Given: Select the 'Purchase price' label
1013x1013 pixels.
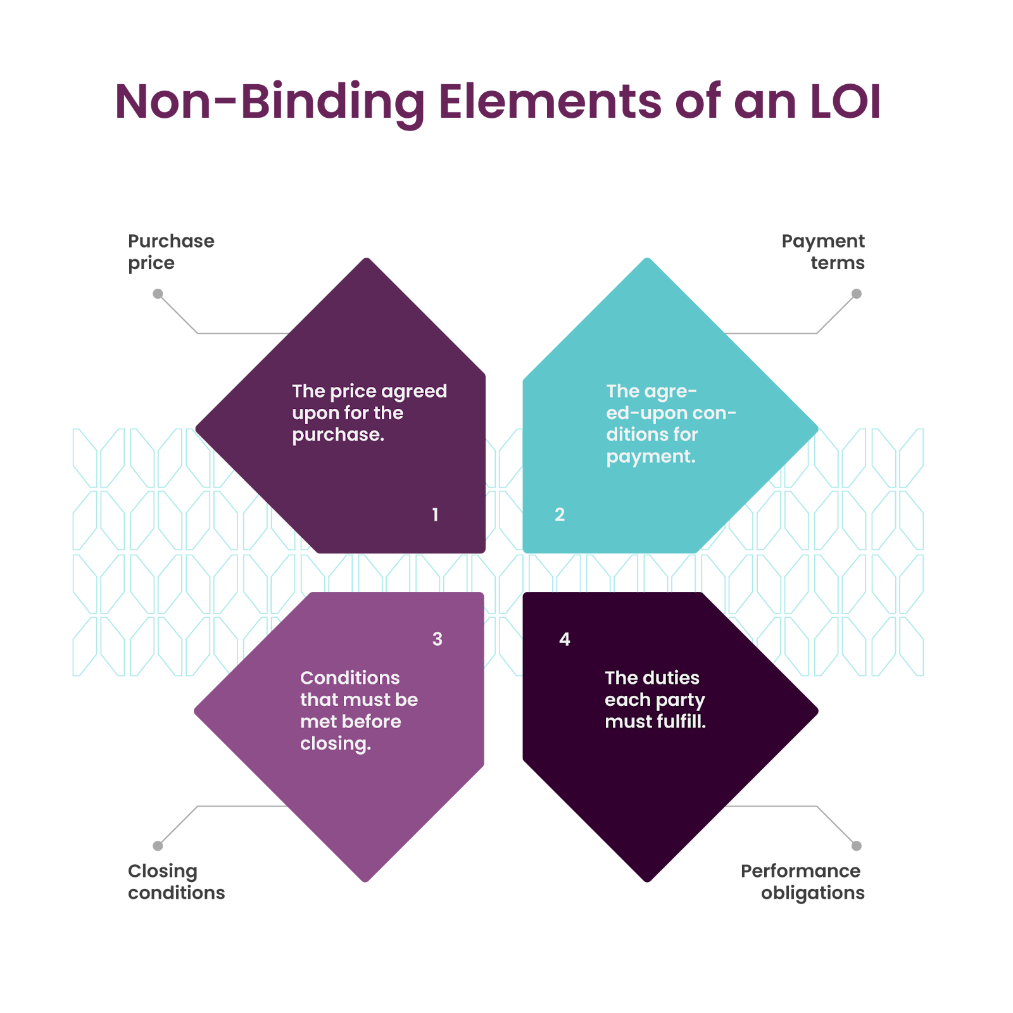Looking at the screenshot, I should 171,252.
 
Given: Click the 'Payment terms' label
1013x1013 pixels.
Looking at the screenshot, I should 823,252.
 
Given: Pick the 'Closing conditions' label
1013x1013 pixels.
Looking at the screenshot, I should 176,882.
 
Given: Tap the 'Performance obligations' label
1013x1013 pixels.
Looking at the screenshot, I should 802,882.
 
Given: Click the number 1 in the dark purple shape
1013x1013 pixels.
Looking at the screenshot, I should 435,515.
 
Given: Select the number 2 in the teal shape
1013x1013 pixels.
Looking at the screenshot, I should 560,515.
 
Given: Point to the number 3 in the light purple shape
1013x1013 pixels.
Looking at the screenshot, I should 437,639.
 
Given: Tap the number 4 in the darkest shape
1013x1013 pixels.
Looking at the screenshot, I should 565,639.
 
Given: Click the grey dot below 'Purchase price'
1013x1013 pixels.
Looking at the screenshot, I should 158,294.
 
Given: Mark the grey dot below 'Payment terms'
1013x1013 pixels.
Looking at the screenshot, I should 856,294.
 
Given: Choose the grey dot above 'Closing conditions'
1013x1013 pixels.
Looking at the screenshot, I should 158,846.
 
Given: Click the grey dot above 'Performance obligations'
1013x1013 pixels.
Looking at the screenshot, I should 856,846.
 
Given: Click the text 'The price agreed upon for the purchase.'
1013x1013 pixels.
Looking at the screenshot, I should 369,413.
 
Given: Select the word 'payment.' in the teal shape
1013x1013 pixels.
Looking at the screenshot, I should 651,456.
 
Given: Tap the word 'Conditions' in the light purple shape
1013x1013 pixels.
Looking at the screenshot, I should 350,678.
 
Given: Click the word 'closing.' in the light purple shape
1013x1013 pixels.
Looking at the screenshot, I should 336,744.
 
